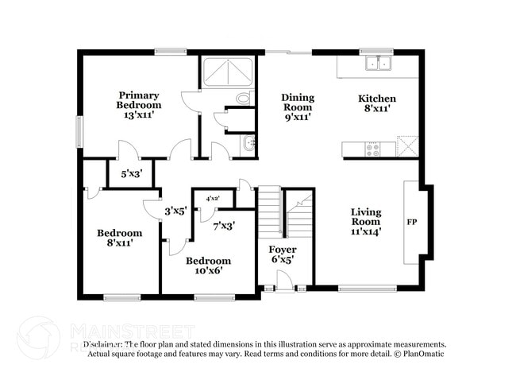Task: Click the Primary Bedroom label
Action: pyautogui.click(x=138, y=105)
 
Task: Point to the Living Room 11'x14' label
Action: pyautogui.click(x=366, y=221)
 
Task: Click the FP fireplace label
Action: pyautogui.click(x=412, y=222)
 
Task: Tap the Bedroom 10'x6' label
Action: pyautogui.click(x=208, y=265)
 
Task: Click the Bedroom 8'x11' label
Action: pyautogui.click(x=119, y=238)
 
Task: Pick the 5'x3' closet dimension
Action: pyautogui.click(x=132, y=173)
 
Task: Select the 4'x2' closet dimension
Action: pyautogui.click(x=213, y=198)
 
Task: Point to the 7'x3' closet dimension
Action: pyautogui.click(x=223, y=226)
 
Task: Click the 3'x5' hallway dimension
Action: pyautogui.click(x=175, y=211)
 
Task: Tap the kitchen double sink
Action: pyautogui.click(x=377, y=63)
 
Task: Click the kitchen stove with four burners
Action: pyautogui.click(x=371, y=148)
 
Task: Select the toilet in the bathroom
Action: pyautogui.click(x=243, y=99)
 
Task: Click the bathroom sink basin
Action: pyautogui.click(x=249, y=144)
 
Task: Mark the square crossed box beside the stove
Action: pyautogui.click(x=406, y=146)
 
